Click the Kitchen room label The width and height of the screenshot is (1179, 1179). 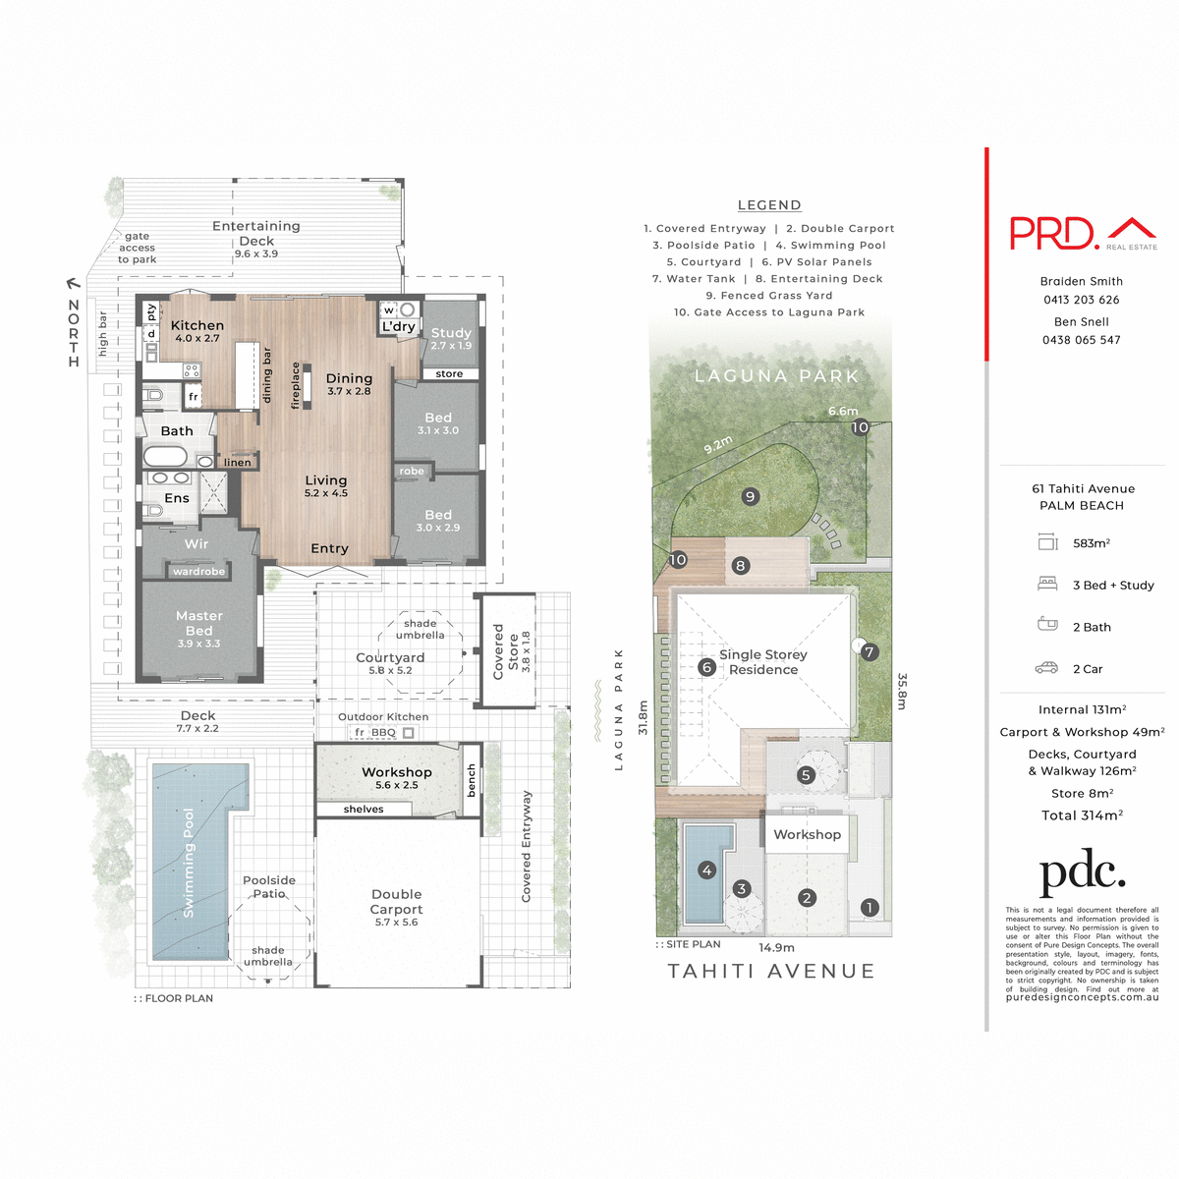[x=196, y=325]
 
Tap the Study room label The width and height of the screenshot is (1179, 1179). [x=451, y=333]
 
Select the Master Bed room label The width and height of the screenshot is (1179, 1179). [x=198, y=623]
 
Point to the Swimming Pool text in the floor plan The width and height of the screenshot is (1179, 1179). [x=189, y=864]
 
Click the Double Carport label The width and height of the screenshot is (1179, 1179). [x=396, y=902]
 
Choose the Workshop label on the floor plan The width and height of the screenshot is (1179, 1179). [x=396, y=772]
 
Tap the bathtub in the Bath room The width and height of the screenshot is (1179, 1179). [x=165, y=457]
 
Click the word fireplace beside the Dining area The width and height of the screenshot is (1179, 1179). [x=295, y=385]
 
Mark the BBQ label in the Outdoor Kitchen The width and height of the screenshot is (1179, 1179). [x=383, y=732]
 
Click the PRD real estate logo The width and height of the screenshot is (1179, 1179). [x=1083, y=233]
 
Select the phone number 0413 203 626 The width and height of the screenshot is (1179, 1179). [x=1081, y=300]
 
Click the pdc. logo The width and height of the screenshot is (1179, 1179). [x=1082, y=872]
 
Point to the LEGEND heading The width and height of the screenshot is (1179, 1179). [x=769, y=205]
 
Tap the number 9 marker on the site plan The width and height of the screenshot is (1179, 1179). [x=750, y=496]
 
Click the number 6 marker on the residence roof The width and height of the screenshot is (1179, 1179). [x=705, y=667]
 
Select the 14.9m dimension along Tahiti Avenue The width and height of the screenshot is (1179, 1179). [x=776, y=948]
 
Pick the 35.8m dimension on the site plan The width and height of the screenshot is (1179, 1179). [x=901, y=691]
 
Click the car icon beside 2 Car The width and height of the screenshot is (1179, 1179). [x=1046, y=668]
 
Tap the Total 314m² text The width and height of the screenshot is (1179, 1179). [x=1082, y=814]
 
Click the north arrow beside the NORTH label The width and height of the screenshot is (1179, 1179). [x=73, y=286]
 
